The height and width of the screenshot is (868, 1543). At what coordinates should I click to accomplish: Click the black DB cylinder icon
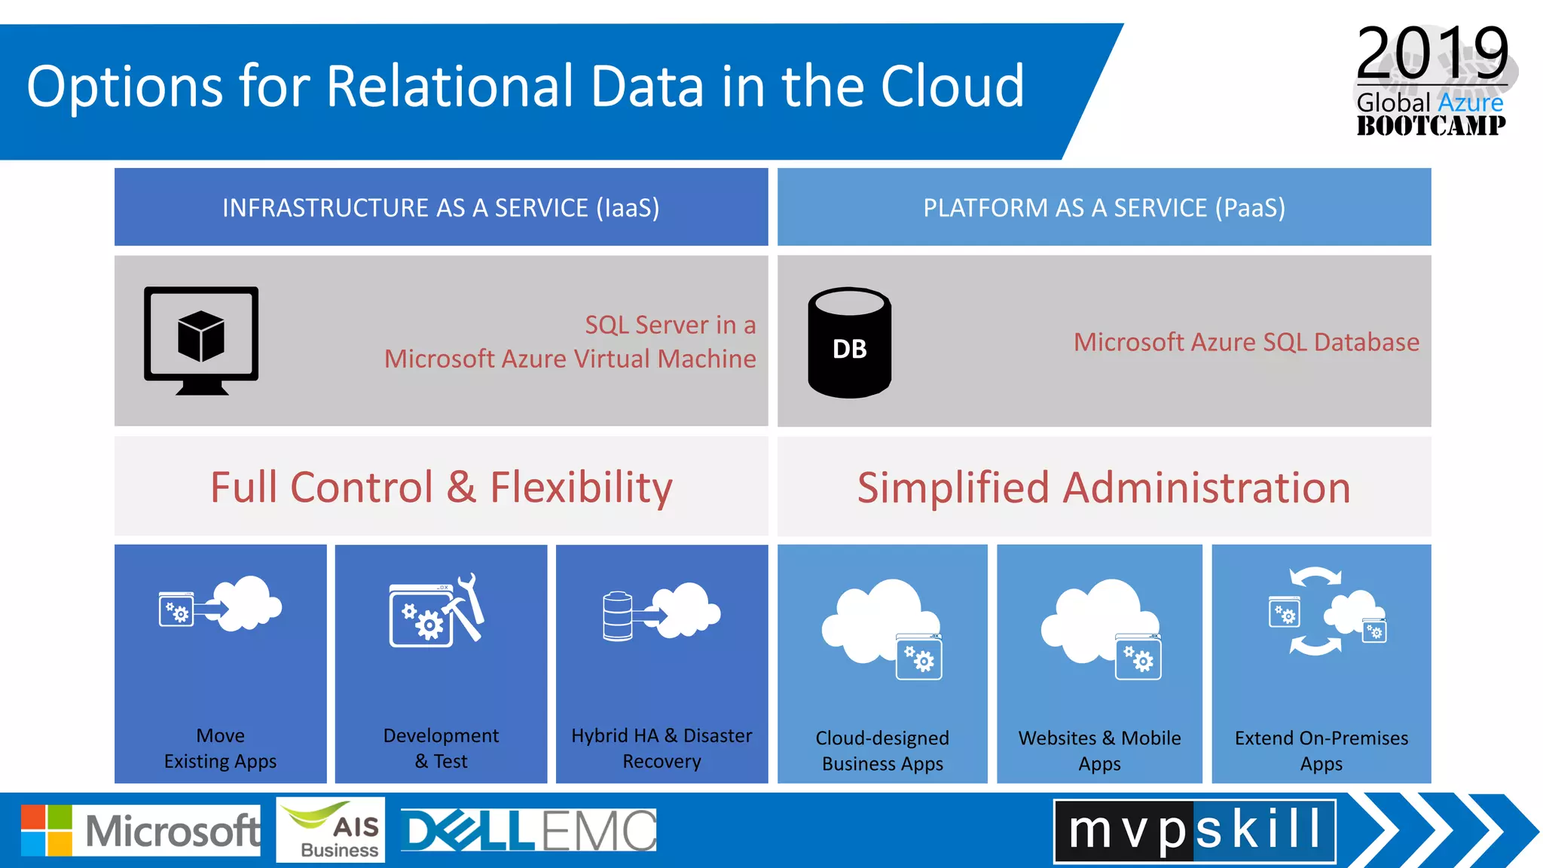click(x=849, y=343)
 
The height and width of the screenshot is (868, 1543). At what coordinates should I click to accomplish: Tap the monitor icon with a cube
click(x=201, y=340)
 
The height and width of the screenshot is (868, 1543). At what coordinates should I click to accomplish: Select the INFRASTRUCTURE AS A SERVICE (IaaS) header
click(x=441, y=207)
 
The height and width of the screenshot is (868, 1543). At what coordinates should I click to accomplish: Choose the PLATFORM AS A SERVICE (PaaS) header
click(x=1104, y=207)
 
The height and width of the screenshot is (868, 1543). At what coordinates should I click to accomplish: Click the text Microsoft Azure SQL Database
click(x=1246, y=342)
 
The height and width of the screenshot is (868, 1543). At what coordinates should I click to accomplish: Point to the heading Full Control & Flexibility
click(x=441, y=487)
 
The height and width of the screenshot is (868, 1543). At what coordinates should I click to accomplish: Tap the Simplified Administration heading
click(x=1104, y=487)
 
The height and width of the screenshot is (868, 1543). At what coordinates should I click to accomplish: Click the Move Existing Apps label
click(x=220, y=748)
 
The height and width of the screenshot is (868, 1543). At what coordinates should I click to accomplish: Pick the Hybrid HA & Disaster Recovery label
click(x=662, y=748)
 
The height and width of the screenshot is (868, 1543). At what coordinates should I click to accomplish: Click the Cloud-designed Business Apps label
click(x=882, y=750)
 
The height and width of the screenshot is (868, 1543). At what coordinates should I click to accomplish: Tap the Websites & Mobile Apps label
click(x=1099, y=750)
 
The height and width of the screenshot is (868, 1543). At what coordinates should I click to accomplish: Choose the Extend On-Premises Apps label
click(x=1321, y=750)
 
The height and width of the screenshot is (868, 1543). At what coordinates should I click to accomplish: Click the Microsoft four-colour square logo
click(x=47, y=830)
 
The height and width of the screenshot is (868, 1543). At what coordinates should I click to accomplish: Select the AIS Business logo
click(x=331, y=830)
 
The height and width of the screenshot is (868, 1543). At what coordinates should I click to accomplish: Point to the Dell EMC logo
click(x=528, y=830)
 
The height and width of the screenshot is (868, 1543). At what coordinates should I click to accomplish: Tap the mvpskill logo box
click(x=1194, y=830)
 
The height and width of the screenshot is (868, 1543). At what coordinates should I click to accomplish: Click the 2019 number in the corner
click(x=1431, y=53)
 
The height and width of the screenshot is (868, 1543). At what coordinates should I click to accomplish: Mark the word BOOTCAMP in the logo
click(x=1431, y=125)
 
